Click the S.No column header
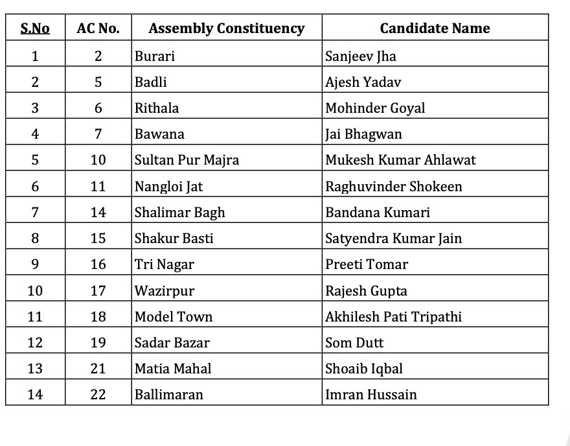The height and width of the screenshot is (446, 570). [35, 29]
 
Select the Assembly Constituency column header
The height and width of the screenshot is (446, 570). [226, 29]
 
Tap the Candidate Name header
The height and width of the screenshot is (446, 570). [435, 29]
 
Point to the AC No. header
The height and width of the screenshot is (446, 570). [98, 29]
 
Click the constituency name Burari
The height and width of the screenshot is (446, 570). [155, 56]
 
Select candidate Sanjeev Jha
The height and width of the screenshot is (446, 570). [361, 56]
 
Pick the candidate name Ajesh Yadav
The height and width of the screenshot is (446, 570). [363, 82]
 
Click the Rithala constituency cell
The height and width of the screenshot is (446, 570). [157, 108]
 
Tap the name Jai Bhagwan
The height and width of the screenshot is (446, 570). [363, 134]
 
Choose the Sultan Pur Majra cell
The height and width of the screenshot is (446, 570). [187, 160]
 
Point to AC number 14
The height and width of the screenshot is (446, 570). [98, 213]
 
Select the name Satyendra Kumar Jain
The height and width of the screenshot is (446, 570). [393, 239]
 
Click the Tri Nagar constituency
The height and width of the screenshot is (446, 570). [164, 264]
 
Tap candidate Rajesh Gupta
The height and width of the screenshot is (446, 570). [366, 290]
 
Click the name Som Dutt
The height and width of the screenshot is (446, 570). [354, 343]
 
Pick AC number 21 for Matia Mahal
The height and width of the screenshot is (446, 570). [98, 369]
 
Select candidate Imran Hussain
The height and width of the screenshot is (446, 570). [371, 395]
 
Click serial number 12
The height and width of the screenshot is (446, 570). [35, 343]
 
